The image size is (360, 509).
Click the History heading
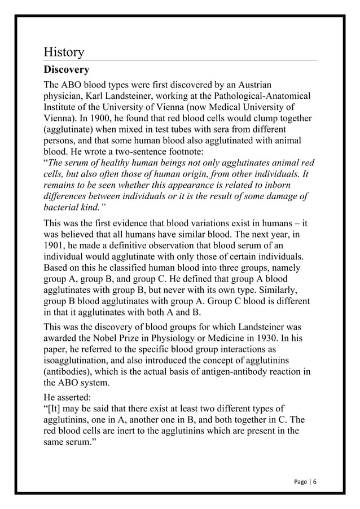click(64, 52)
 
